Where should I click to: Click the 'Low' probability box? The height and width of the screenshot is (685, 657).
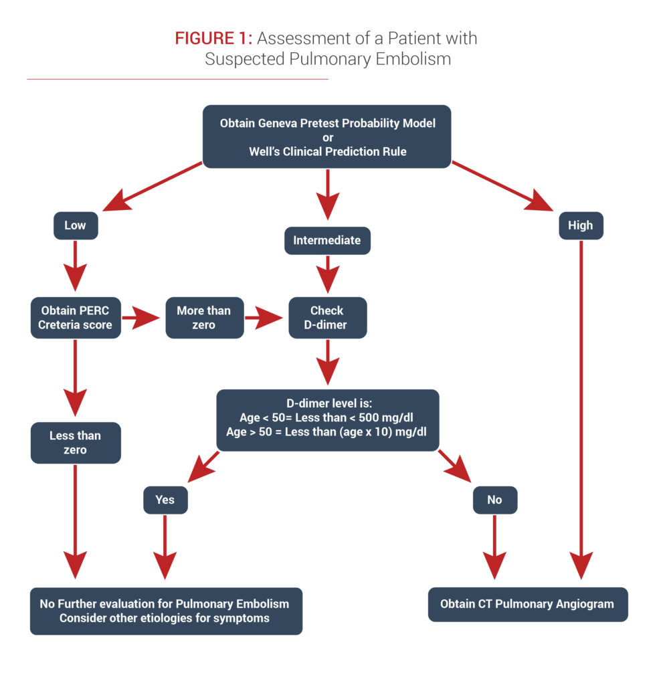tap(75, 225)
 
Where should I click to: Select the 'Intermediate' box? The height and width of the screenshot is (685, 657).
tap(327, 239)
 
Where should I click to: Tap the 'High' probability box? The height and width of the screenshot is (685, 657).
tap(580, 225)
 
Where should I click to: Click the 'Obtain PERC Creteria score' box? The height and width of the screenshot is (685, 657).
tap(75, 318)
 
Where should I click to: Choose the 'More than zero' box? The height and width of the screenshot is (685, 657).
tap(204, 318)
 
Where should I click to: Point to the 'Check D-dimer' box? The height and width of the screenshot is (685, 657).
tap(327, 318)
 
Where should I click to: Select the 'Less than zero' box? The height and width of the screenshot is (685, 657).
tap(75, 442)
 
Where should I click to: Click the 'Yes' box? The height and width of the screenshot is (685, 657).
tap(165, 500)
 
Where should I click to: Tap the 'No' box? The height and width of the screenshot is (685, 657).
tap(494, 500)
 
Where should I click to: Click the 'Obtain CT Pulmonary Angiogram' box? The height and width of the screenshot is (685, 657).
tap(527, 604)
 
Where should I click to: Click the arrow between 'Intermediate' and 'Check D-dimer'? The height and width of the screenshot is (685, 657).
tap(327, 274)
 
